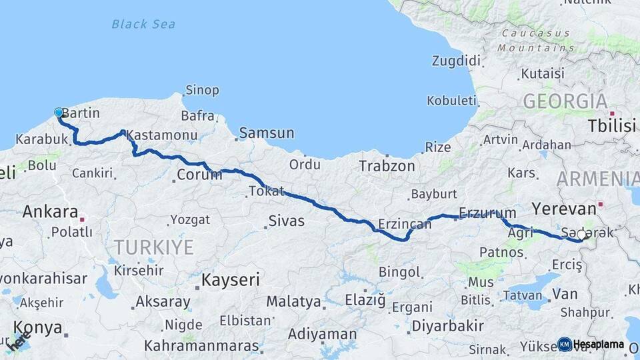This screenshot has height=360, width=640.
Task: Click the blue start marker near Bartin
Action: click(59, 113)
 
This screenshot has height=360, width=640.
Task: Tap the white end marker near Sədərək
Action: click(581, 235)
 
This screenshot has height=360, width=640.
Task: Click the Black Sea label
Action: click(143, 25)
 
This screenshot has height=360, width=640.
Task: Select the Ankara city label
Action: click(50, 212)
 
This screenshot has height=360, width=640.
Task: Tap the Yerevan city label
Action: click(563, 207)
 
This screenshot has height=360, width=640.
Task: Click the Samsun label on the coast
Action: click(266, 133)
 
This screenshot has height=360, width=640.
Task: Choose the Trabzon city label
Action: click(387, 166)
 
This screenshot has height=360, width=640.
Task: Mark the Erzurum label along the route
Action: click(483, 213)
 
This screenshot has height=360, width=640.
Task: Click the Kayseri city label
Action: click(231, 279)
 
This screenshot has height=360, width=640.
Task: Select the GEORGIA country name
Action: click(565, 101)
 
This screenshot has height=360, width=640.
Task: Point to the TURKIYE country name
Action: click(153, 247)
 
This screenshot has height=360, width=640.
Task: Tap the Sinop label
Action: click(202, 90)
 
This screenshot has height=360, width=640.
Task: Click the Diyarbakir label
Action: click(447, 326)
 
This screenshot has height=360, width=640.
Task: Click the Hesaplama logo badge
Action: click(591, 344)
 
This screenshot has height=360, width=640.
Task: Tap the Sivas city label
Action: click(286, 221)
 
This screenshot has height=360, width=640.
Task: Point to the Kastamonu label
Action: click(161, 135)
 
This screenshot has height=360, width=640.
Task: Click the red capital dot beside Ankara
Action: click(83, 219)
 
